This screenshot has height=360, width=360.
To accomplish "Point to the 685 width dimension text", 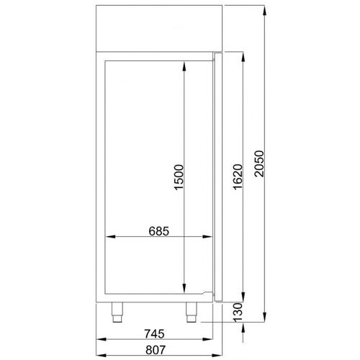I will click(158, 231).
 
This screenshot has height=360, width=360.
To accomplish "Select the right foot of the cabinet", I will click(192, 311).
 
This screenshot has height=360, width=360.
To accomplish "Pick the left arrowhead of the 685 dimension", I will click(109, 238).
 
